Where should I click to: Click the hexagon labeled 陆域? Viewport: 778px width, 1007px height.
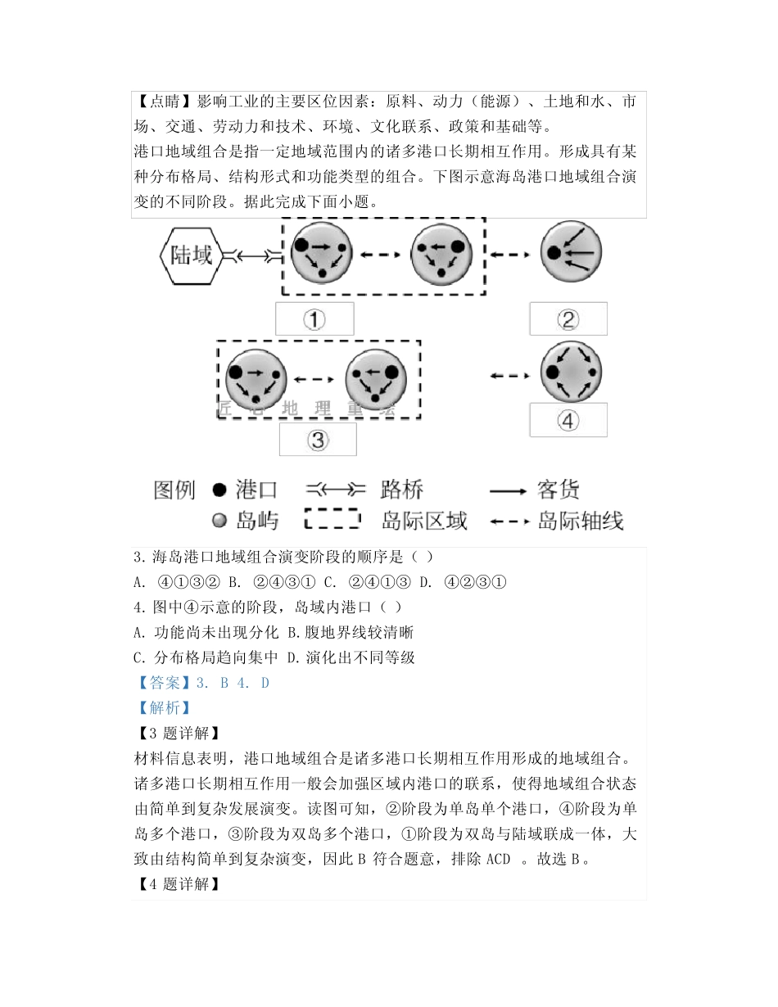coord(191,255)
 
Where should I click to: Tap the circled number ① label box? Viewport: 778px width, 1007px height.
coord(314,318)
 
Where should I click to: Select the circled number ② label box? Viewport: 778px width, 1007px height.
coord(568,318)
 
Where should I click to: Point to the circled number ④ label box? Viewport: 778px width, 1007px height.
coord(568,419)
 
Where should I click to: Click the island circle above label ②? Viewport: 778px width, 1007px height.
coord(571,253)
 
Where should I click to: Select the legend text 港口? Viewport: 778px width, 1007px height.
coord(257,490)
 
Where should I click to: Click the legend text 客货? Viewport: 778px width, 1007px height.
coord(559,490)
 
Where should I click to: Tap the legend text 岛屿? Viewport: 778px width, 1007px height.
coord(257,520)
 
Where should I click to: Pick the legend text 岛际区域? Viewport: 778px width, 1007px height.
coord(424,520)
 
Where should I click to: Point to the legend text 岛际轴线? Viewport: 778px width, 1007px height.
coord(581,520)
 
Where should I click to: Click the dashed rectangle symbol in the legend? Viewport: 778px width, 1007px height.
coord(332,520)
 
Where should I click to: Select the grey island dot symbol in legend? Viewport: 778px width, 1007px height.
coord(219,521)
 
